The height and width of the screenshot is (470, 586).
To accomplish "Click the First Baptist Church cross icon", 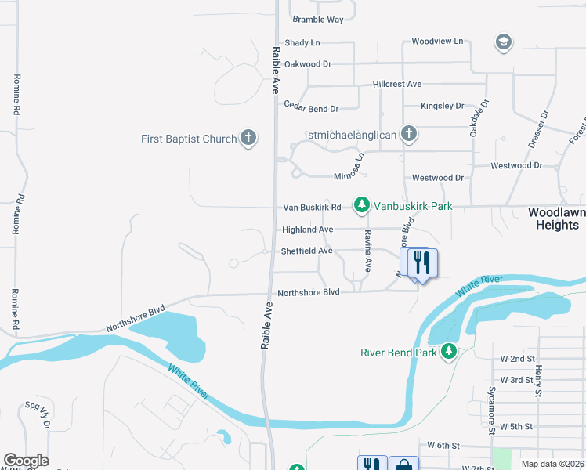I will tap(248, 139).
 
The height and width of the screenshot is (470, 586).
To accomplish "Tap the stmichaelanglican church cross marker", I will tap(408, 134).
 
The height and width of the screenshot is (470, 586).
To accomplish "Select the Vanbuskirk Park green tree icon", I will tap(361, 206).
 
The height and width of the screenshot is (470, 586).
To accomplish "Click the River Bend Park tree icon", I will tap(449, 352).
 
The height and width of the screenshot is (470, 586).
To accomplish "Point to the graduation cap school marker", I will tap(504, 42).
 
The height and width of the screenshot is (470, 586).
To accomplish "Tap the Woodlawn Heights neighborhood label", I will tap(556, 219).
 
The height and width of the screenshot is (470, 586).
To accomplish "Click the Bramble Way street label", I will tap(318, 19).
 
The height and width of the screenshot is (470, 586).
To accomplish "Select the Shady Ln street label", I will tap(302, 43).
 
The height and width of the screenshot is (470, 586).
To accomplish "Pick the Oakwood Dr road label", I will tap(308, 64).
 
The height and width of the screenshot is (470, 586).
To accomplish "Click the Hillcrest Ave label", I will tap(397, 84).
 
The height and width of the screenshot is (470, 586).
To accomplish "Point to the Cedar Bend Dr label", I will tap(311, 109).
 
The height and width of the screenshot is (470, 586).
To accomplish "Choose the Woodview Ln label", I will tap(437, 41).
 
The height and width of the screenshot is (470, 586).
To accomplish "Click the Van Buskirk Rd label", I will tap(312, 208).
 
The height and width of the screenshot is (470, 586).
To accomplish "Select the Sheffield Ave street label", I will tap(307, 251).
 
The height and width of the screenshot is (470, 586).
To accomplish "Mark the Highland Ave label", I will tap(308, 230).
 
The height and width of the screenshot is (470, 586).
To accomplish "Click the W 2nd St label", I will tap(517, 359).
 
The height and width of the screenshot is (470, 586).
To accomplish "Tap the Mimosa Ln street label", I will tap(350, 168).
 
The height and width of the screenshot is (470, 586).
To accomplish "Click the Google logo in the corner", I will tap(26, 461).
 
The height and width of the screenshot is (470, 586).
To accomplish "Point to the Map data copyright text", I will tap(552, 464).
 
